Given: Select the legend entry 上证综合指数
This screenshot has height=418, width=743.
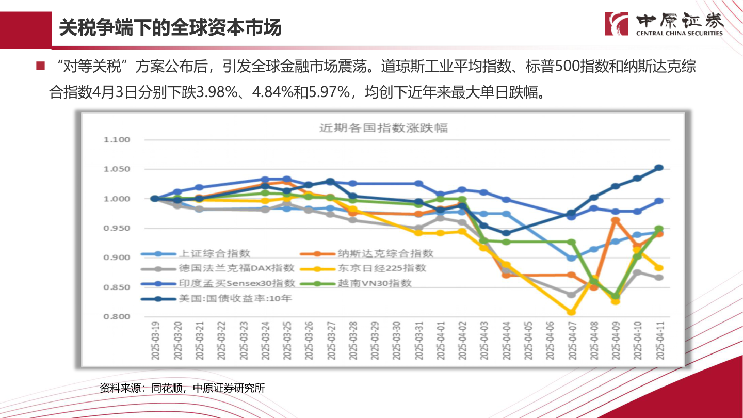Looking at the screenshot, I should [214, 253].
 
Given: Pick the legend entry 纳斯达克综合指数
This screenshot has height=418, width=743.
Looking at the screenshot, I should [385, 253].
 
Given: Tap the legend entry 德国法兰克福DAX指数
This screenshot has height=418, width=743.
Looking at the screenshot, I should [236, 268].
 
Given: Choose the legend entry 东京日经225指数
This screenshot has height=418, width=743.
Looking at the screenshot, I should [382, 268].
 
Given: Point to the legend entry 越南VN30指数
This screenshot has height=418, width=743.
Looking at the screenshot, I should [375, 283].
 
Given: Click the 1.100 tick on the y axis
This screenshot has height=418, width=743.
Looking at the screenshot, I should [117, 140].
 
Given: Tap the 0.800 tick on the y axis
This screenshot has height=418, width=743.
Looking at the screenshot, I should [117, 317].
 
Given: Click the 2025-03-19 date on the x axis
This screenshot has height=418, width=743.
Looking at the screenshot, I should [155, 341].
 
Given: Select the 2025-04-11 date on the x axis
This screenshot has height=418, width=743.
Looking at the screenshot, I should [659, 341].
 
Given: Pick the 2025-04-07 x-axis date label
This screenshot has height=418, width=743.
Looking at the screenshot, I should [571, 341].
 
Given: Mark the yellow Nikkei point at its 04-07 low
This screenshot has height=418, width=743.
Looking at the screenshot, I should [571, 312].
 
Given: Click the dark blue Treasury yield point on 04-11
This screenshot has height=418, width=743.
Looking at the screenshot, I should [659, 168].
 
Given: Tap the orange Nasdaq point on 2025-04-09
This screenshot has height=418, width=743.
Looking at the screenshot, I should [615, 220].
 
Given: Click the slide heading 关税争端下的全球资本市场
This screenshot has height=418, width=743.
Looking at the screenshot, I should [170, 28].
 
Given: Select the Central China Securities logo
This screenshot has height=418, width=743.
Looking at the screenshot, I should [664, 24].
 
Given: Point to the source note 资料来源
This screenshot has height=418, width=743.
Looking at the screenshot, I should [182, 388].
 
